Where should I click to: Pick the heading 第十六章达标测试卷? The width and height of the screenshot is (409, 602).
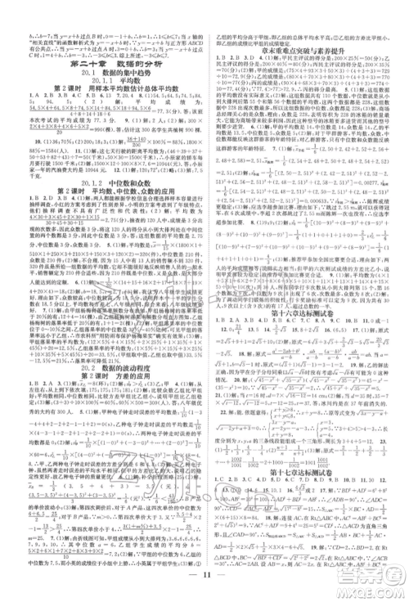click(x=303, y=321)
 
